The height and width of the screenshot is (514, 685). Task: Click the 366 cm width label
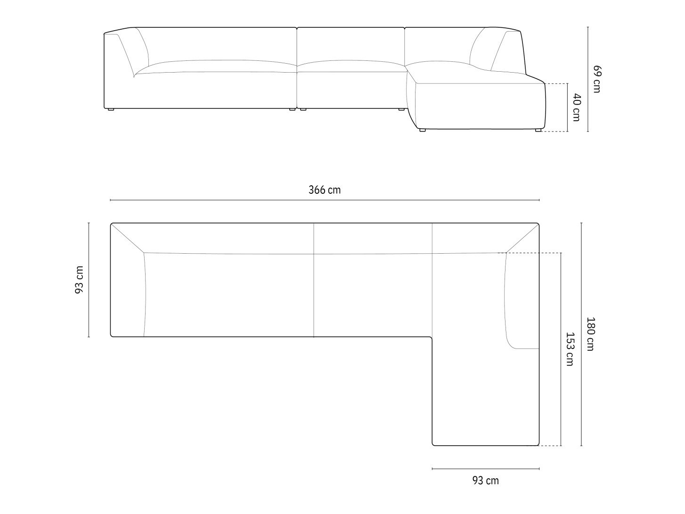tap(325, 190)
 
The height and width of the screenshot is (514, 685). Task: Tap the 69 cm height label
tap(597, 79)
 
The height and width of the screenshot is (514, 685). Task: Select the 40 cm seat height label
tap(576, 108)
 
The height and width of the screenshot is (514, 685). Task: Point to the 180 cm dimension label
tap(590, 334)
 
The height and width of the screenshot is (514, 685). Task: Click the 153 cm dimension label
tap(570, 349)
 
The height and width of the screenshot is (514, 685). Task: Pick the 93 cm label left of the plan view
tap(79, 280)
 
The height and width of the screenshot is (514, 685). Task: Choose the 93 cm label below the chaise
tap(486, 480)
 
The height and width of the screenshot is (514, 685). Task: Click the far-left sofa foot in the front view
tap(111, 109)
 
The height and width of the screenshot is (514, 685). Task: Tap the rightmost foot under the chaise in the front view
tap(538, 130)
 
